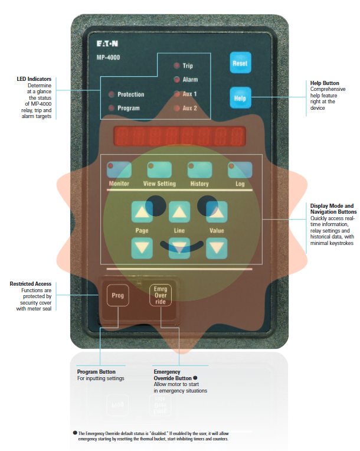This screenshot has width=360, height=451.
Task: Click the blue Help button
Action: point(240,97)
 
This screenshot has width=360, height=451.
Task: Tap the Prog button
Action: point(118,295)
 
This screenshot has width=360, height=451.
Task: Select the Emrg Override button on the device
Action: point(160,295)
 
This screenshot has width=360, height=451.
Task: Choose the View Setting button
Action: point(159,171)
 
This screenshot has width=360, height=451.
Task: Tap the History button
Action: point(199,171)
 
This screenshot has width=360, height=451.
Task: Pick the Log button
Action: point(240,171)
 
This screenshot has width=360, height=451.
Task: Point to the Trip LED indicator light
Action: point(176,66)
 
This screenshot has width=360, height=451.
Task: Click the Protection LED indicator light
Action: point(111,94)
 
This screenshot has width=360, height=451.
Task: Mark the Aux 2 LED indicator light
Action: point(176,109)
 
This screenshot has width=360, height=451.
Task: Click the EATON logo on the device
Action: point(109,44)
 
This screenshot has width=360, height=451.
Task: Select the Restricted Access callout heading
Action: point(31,284)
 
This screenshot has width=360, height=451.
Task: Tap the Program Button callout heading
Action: point(96,372)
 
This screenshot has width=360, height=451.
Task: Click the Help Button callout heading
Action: point(325,83)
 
